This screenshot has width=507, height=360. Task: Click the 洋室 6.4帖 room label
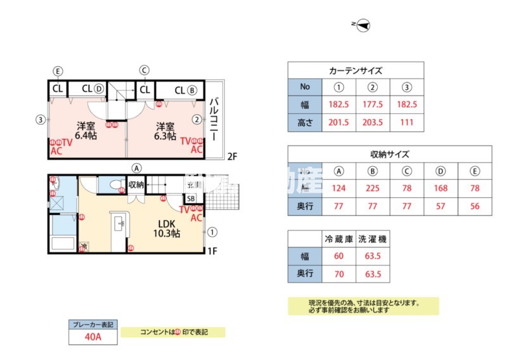86,130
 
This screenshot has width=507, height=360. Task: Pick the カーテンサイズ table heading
356,70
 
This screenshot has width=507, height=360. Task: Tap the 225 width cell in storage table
373,188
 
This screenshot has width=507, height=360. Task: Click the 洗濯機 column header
373,239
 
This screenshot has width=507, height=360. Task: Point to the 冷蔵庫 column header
338,239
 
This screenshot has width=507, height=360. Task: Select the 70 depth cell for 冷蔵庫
338,274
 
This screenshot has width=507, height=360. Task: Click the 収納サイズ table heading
390,153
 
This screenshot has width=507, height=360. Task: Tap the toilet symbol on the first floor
115,185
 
